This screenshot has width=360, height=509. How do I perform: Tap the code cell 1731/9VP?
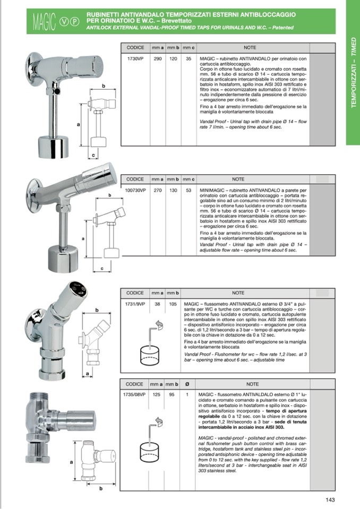135,304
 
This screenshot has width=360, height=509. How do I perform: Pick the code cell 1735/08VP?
135,394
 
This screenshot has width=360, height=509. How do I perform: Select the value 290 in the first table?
158,59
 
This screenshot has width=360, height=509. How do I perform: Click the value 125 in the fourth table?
157,394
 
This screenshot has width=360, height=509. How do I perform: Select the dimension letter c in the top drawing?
93,155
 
